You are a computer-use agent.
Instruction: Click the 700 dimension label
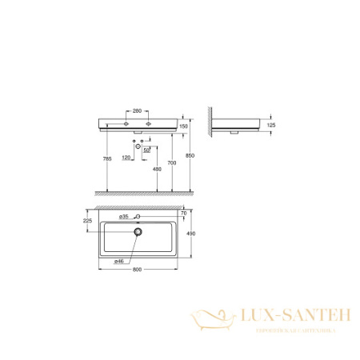[183, 162]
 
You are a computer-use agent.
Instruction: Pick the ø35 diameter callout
[124, 217]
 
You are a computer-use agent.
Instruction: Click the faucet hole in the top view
[138, 218]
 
